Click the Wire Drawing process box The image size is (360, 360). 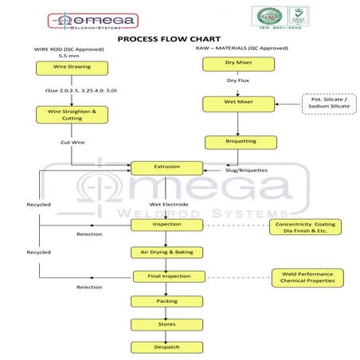72,68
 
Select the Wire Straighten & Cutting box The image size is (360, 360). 72,115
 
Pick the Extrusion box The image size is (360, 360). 167,167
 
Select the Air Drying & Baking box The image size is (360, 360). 167,252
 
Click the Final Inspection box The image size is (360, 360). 167,276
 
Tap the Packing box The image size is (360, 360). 167,301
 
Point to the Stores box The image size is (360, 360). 167,324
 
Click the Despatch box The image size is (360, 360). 167,347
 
